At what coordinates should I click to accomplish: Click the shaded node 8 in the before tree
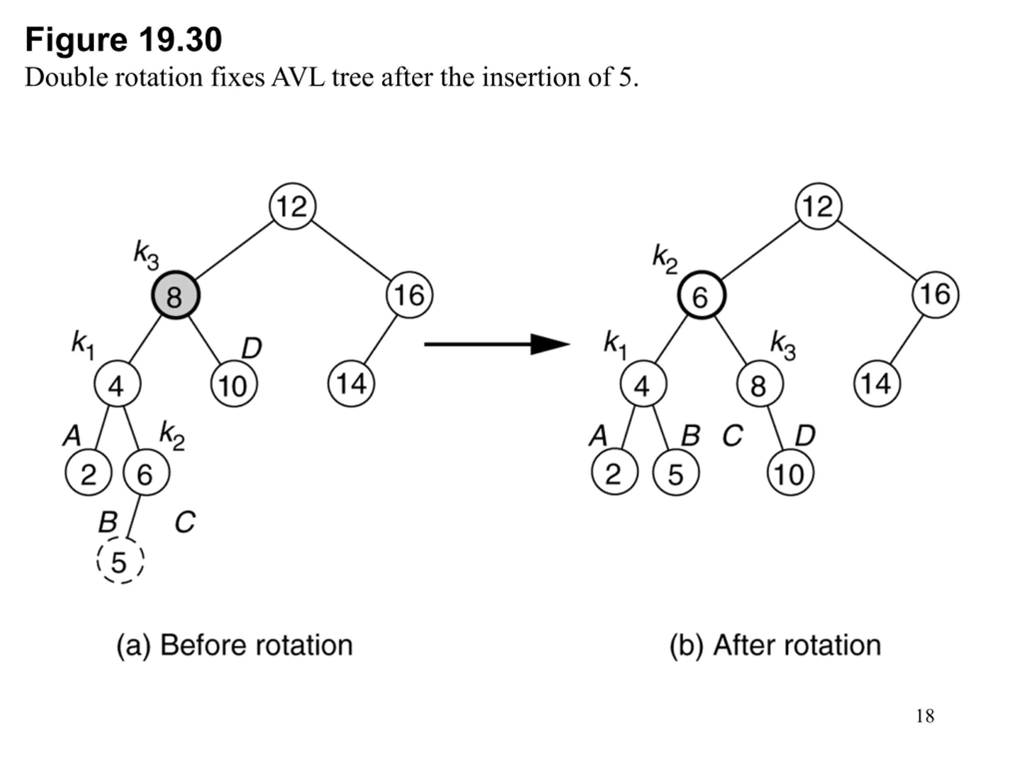click(176, 294)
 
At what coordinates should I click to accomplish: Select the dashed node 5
click(120, 561)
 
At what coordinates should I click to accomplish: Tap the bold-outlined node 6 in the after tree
click(701, 294)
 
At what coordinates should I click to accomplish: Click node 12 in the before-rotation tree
click(293, 206)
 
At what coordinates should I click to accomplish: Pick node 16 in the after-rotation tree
click(935, 294)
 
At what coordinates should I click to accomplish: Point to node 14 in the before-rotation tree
click(351, 383)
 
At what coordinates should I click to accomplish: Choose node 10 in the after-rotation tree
click(790, 472)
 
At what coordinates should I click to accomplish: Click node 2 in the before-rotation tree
click(88, 472)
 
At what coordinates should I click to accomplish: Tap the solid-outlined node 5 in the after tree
click(675, 472)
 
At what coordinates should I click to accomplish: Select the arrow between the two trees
click(497, 344)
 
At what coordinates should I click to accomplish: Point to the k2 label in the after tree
click(665, 259)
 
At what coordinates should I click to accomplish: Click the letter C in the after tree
click(733, 435)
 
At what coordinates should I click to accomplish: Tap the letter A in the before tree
click(72, 435)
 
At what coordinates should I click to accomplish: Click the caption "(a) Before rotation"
click(234, 645)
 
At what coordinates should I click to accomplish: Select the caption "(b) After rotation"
click(775, 645)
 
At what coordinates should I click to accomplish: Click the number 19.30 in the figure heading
click(180, 40)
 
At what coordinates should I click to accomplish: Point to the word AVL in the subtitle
click(299, 77)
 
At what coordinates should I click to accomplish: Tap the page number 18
click(925, 716)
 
